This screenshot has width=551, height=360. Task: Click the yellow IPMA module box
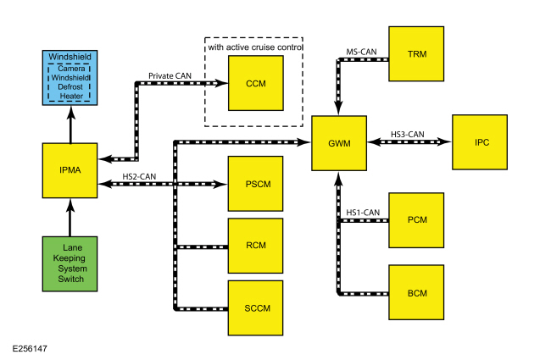(70, 170)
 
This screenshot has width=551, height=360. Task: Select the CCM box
(256, 83)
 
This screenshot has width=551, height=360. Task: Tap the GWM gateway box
(339, 143)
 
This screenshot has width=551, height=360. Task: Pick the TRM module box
(416, 53)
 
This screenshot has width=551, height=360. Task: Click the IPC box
(480, 142)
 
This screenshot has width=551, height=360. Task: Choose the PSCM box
(255, 184)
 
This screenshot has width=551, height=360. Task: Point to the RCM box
(255, 246)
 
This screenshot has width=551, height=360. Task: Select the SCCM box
(255, 308)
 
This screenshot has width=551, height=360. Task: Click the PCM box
(416, 220)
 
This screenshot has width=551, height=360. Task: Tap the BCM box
(416, 292)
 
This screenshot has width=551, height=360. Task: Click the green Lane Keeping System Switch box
(70, 264)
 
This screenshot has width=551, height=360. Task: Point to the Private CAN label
(170, 76)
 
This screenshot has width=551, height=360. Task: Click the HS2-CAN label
(139, 176)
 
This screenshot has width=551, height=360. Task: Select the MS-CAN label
(361, 52)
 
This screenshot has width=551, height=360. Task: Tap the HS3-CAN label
(407, 134)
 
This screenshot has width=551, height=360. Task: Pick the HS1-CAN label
(363, 213)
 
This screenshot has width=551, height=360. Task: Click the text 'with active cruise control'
(255, 47)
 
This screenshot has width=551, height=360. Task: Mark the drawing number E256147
(30, 349)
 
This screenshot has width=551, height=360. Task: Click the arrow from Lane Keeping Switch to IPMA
(70, 218)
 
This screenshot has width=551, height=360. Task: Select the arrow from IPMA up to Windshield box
(71, 125)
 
